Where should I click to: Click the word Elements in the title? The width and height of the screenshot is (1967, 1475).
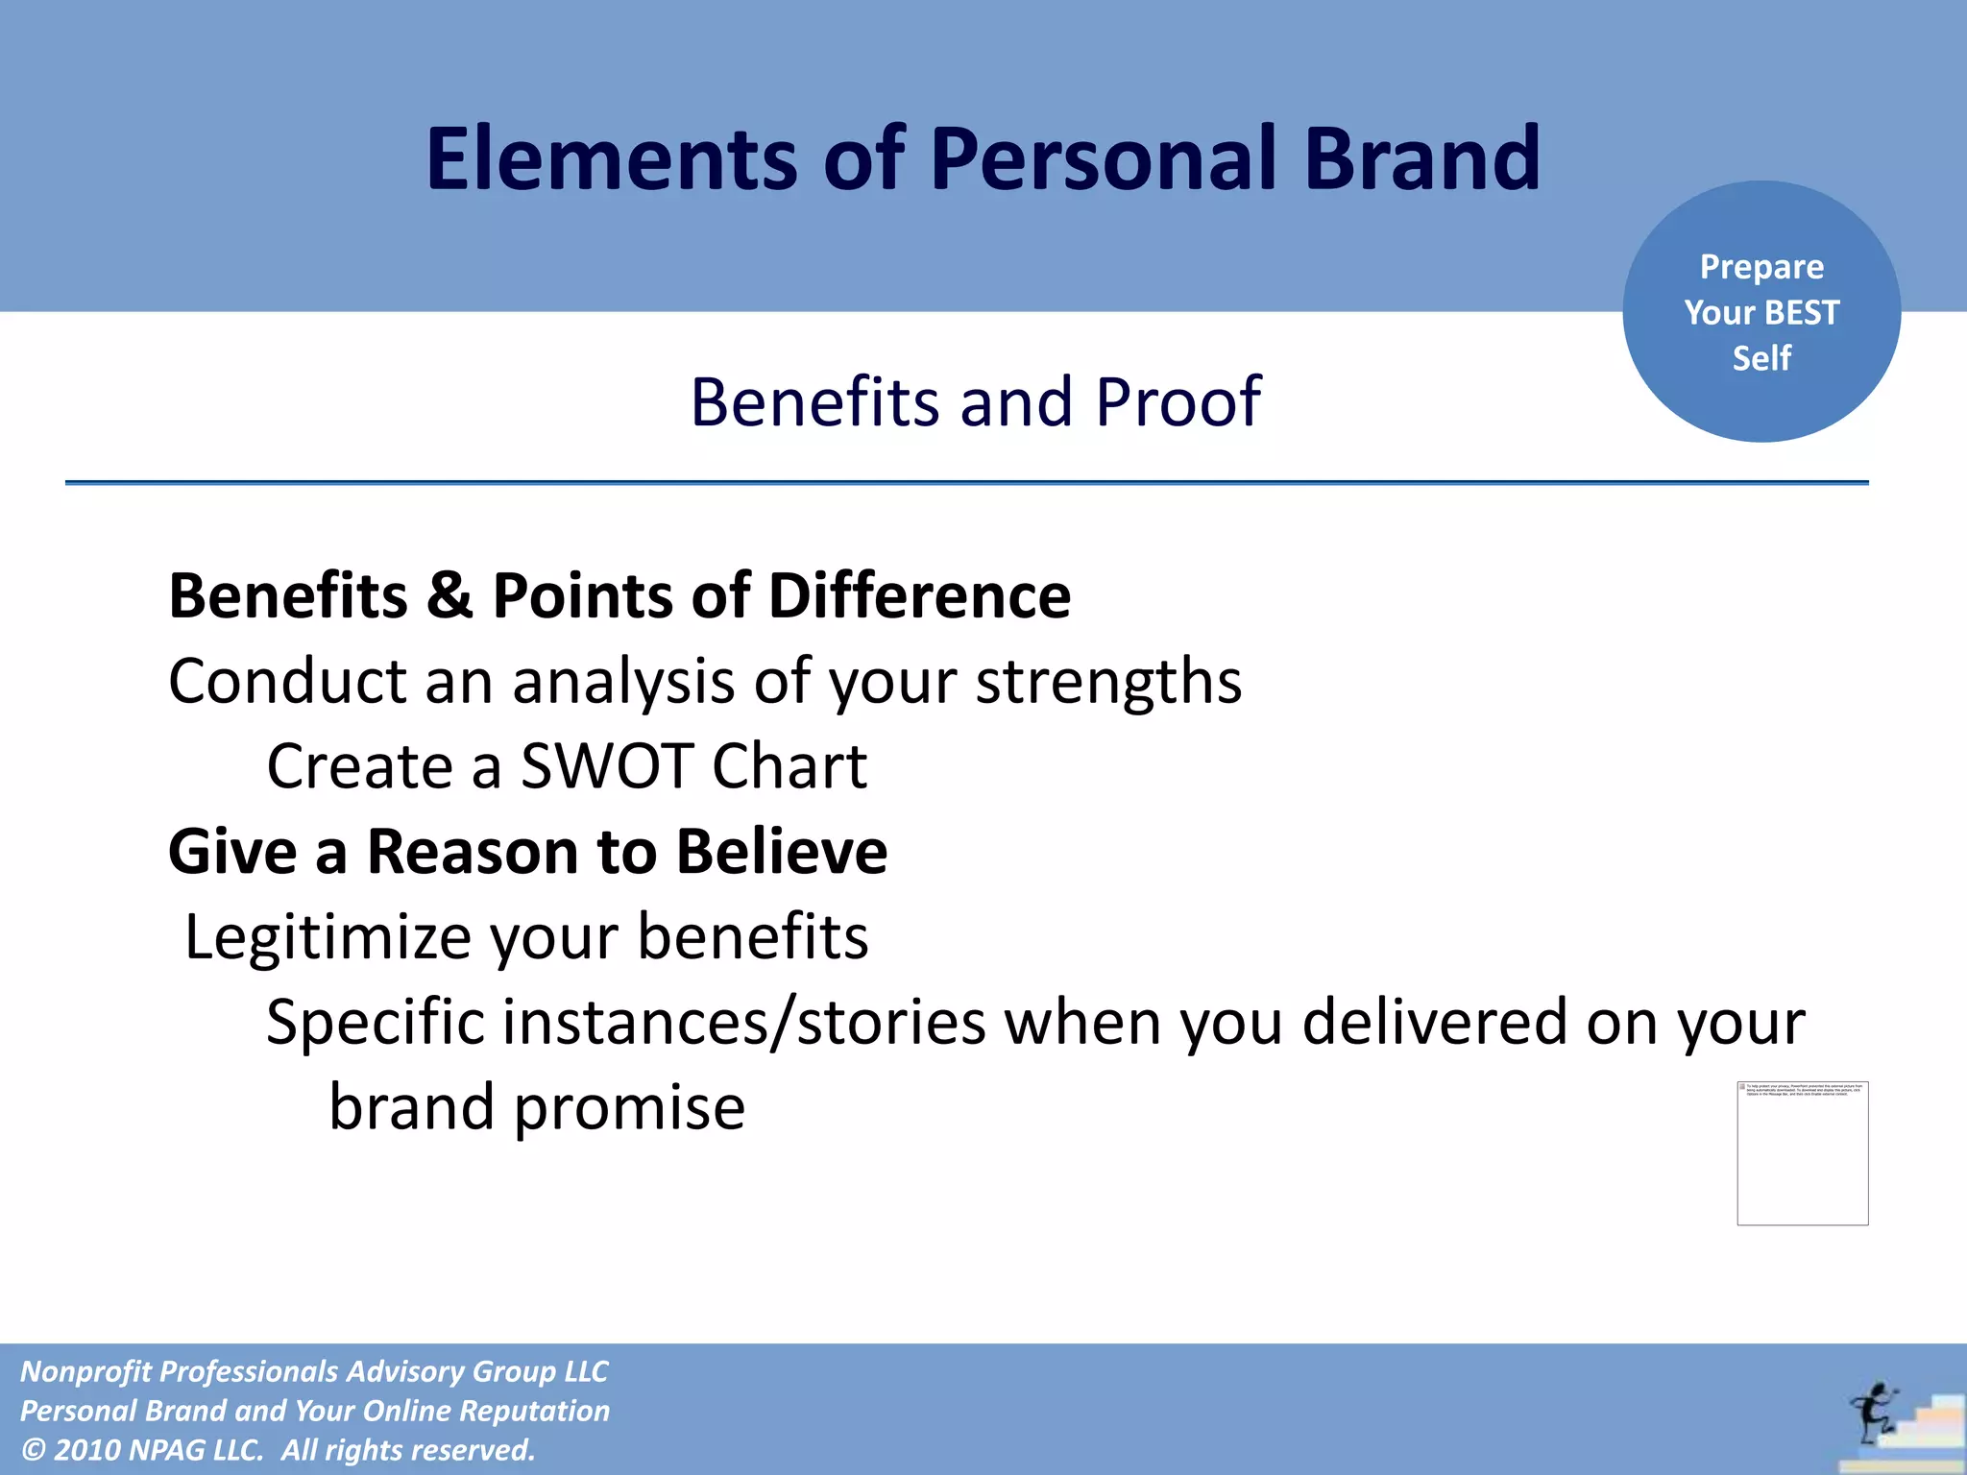coord(611,158)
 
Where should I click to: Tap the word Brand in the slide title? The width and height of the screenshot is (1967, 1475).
coord(1421,158)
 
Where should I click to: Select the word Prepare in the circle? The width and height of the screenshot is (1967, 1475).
coord(1761,267)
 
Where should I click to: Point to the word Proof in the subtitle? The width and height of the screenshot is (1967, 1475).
coord(1178,401)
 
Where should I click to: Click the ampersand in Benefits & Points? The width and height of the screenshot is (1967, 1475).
coord(449,595)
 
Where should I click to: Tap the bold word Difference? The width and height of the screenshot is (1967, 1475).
coord(919,595)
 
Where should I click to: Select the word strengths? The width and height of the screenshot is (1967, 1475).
coord(1108,682)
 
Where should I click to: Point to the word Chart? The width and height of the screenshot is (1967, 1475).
coord(789,766)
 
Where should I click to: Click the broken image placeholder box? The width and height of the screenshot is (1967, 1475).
coord(1802,1153)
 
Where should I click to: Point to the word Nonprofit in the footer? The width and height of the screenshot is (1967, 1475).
coord(85,1371)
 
